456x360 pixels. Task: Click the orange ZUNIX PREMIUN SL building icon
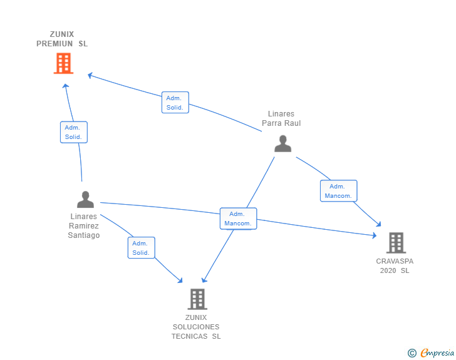pyautogui.click(x=63, y=63)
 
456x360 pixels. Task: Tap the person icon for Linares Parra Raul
pyautogui.click(x=283, y=144)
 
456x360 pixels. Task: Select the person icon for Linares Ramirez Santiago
pyautogui.click(x=85, y=199)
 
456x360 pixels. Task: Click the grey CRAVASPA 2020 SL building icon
pyautogui.click(x=395, y=243)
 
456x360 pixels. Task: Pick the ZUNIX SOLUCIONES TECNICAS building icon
pyautogui.click(x=197, y=299)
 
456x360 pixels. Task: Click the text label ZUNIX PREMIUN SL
pyautogui.click(x=62, y=39)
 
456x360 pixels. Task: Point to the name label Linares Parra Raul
pyautogui.click(x=281, y=118)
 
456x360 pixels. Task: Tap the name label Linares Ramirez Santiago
pyautogui.click(x=84, y=226)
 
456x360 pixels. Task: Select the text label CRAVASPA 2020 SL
pyautogui.click(x=395, y=265)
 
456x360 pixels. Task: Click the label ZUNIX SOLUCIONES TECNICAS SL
pyautogui.click(x=196, y=327)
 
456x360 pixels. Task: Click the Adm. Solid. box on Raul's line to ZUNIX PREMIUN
pyautogui.click(x=175, y=103)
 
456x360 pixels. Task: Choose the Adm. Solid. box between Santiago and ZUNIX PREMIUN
pyautogui.click(x=73, y=132)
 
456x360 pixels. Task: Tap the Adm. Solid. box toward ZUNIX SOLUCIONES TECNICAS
pyautogui.click(x=141, y=248)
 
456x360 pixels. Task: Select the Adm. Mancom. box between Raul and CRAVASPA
pyautogui.click(x=338, y=191)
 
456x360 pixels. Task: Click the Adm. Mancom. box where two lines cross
pyautogui.click(x=238, y=219)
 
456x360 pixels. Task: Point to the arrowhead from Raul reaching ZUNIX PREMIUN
pyautogui.click(x=90, y=75)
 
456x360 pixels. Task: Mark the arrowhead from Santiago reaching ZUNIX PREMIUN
pyautogui.click(x=66, y=85)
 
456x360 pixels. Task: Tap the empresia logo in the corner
pyautogui.click(x=437, y=353)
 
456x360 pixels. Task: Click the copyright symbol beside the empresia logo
pyautogui.click(x=412, y=354)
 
